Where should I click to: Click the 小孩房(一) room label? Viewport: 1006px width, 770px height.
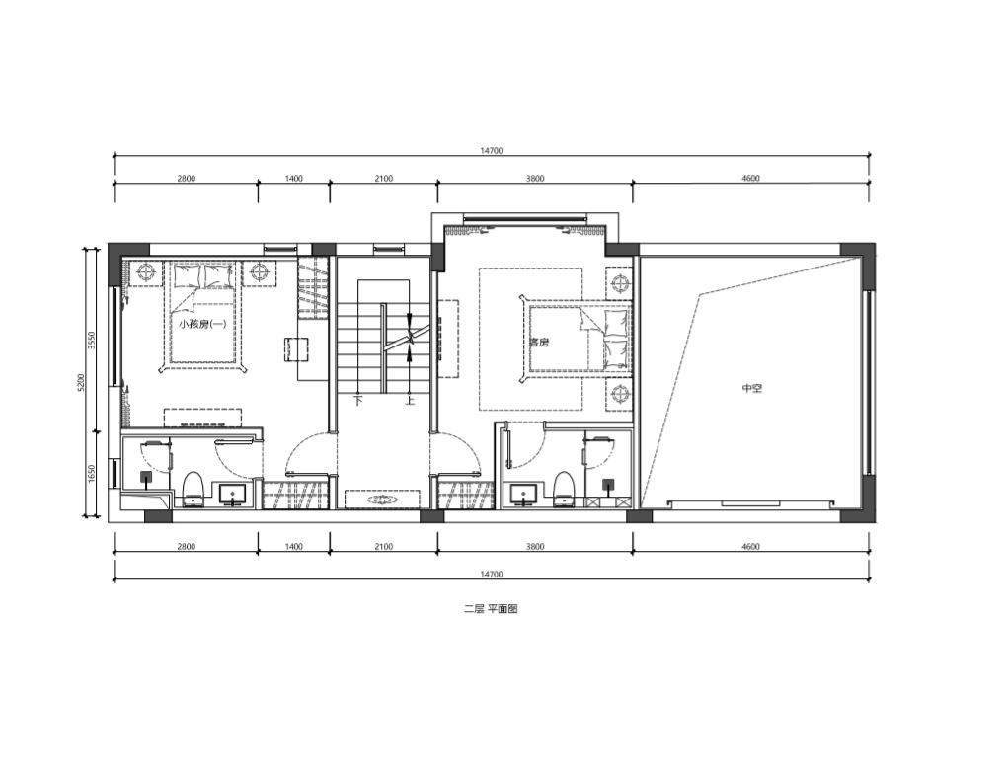pyautogui.click(x=202, y=324)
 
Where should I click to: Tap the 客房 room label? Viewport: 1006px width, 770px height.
pyautogui.click(x=539, y=343)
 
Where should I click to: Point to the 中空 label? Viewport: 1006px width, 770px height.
pyautogui.click(x=752, y=388)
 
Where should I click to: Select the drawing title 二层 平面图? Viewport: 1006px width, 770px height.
pyautogui.click(x=491, y=609)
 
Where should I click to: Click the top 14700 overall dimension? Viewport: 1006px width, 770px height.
pyautogui.click(x=492, y=151)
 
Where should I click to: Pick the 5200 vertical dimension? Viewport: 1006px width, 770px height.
pyautogui.click(x=81, y=382)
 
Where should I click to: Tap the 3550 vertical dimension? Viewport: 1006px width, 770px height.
pyautogui.click(x=91, y=340)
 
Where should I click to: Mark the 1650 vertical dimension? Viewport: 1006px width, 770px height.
pyautogui.click(x=91, y=474)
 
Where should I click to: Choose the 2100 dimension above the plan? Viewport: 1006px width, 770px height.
pyautogui.click(x=384, y=179)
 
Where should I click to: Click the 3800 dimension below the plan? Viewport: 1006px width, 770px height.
pyautogui.click(x=535, y=547)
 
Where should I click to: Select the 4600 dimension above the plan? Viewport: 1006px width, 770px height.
pyautogui.click(x=750, y=179)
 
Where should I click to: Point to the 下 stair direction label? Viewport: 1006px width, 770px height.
pyautogui.click(x=358, y=401)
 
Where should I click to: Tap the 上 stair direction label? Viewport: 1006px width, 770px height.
pyautogui.click(x=410, y=401)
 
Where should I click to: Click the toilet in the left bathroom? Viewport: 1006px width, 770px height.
pyautogui.click(x=193, y=489)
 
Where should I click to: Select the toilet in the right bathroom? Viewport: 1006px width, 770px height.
pyautogui.click(x=564, y=489)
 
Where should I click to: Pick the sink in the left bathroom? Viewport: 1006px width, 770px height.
pyautogui.click(x=232, y=495)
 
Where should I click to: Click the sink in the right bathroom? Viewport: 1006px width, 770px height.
pyautogui.click(x=524, y=495)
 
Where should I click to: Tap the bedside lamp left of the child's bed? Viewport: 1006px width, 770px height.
pyautogui.click(x=147, y=272)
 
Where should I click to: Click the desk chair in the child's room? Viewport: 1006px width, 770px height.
pyautogui.click(x=296, y=349)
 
